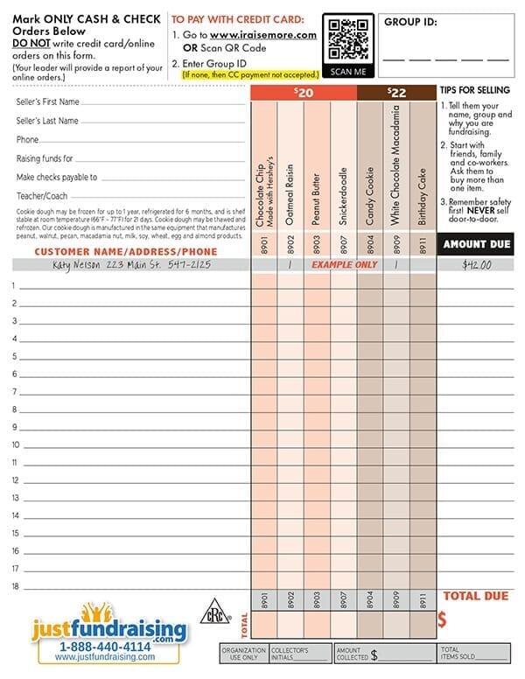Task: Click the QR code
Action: coord(348,41)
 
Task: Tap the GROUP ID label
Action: coord(410,24)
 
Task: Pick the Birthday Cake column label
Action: coord(422,196)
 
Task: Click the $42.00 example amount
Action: coord(475,264)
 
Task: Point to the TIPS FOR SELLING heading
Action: coord(474,91)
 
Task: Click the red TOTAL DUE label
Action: coord(475,597)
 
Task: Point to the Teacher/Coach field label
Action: coord(40,195)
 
